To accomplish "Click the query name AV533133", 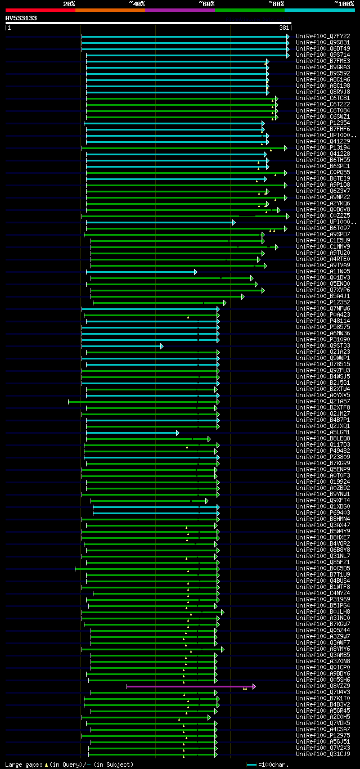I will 21,18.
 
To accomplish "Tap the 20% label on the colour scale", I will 69,4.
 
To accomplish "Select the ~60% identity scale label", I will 206,4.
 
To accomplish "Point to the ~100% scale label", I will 344,4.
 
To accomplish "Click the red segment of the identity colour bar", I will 40,10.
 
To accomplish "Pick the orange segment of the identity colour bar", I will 110,10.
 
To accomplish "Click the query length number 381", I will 283,28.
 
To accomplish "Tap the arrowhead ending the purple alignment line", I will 254,686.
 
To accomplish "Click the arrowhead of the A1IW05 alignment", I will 196,272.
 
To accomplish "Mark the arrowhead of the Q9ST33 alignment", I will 161,346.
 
